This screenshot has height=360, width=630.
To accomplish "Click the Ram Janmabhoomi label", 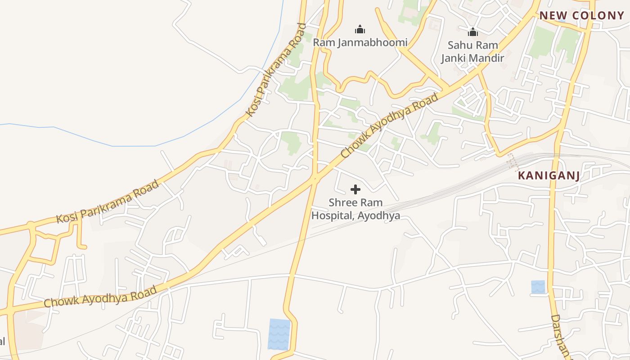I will (360, 43).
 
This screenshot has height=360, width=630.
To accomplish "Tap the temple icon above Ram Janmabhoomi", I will (360, 30).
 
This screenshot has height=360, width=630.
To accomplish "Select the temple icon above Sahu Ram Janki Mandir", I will (473, 32).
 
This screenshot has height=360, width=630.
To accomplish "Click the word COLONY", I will (598, 16).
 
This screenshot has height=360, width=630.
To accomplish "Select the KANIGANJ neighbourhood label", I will (549, 175).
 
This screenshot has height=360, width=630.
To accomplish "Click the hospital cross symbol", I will (355, 189).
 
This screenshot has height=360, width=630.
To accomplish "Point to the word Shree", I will (342, 202).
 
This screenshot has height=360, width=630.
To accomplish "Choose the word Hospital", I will (332, 216).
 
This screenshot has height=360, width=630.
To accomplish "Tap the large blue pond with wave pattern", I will (279, 334).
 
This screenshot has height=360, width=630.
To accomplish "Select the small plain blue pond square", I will (538, 287).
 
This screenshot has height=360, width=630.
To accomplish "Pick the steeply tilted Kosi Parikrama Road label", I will (276, 71).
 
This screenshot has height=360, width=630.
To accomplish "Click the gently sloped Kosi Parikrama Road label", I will (108, 202).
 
